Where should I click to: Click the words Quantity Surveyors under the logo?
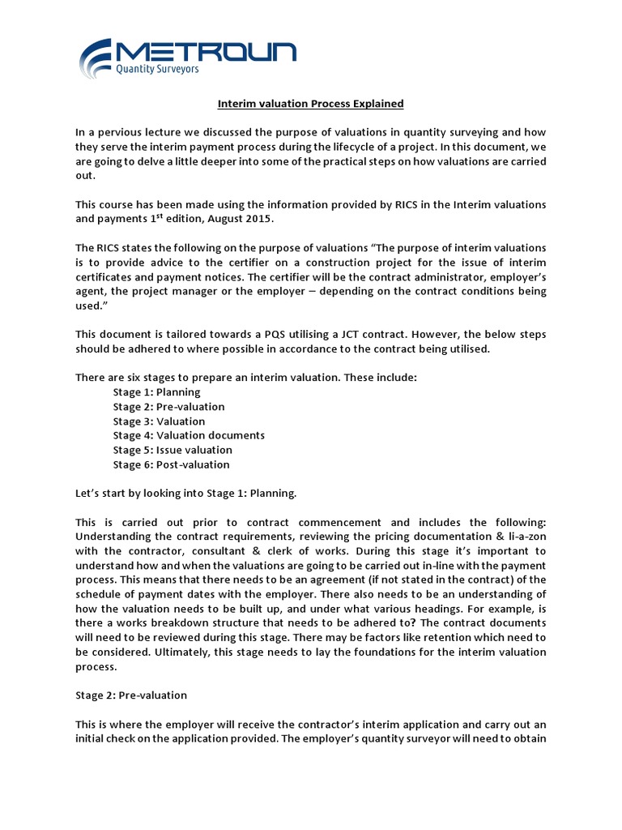point(159,70)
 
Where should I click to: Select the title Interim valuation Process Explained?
point(311,104)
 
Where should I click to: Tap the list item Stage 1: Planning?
point(156,392)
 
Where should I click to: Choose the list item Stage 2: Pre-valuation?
point(168,407)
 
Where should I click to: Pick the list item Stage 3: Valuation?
point(159,421)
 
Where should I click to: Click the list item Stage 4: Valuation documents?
point(189,435)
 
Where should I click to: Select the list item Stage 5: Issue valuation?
point(173,450)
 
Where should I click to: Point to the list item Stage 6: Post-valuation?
point(171,464)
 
